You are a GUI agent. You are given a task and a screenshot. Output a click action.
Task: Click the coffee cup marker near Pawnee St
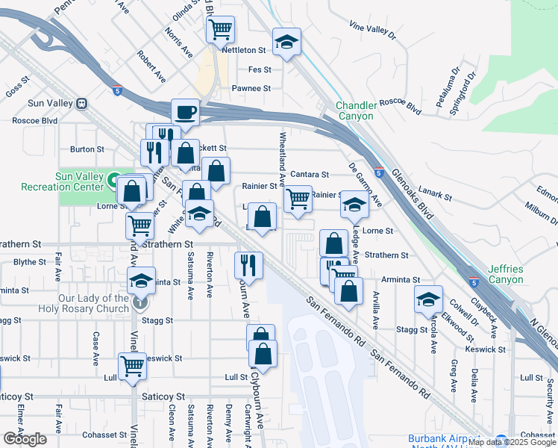(185, 113)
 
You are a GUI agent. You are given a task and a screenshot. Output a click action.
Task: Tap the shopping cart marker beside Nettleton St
(220, 30)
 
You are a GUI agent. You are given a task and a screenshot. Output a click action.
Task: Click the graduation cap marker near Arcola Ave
(428, 299)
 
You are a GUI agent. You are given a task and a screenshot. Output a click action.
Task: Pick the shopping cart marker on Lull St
(132, 367)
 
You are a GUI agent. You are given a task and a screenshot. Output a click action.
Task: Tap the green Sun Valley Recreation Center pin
(115, 180)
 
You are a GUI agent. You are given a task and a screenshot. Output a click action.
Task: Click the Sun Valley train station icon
(82, 103)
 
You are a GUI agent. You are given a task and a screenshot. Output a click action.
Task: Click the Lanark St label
(436, 196)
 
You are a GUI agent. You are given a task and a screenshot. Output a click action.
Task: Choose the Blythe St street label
(31, 261)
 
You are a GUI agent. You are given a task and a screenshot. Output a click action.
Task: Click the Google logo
(25, 439)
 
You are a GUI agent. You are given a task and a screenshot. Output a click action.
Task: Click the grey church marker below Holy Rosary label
(140, 303)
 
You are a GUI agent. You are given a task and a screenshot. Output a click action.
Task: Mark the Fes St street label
(259, 69)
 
